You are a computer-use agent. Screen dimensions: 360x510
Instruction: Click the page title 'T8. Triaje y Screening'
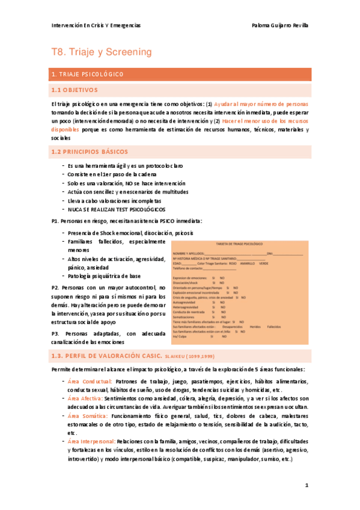[x=102, y=52]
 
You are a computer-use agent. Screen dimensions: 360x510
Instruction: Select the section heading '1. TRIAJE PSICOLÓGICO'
[x=88, y=75]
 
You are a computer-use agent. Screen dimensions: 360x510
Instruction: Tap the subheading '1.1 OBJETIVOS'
[x=74, y=90]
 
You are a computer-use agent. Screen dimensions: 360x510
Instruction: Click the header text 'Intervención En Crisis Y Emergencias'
[x=96, y=26]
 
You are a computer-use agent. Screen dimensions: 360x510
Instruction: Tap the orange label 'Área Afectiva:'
[x=85, y=398]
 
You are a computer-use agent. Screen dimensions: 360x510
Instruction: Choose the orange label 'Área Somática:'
[x=87, y=416]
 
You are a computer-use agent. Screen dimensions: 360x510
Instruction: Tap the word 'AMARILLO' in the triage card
[x=245, y=263]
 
